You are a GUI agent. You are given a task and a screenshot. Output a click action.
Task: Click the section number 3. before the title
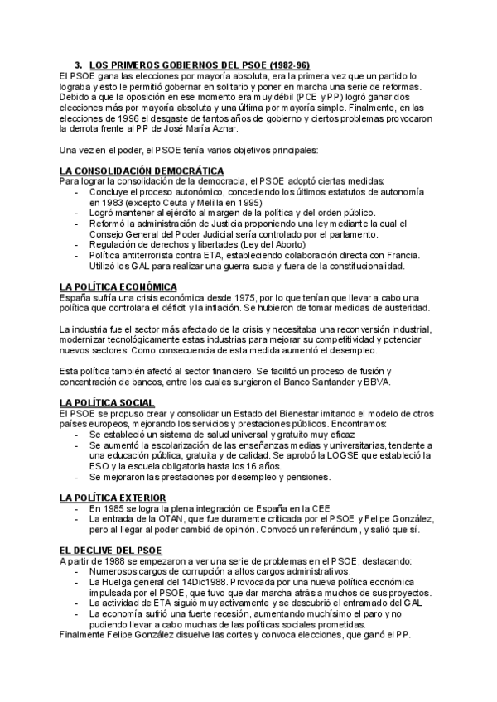[x=79, y=65]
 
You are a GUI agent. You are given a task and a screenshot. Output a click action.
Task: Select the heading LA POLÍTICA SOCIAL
[x=107, y=402]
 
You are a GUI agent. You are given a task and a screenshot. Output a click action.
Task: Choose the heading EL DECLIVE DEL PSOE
[x=111, y=550]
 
